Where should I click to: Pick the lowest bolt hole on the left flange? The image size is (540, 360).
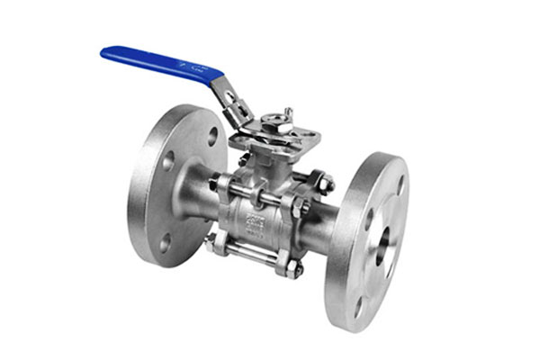(165, 241)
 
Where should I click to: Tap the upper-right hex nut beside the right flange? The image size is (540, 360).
(322, 183)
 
